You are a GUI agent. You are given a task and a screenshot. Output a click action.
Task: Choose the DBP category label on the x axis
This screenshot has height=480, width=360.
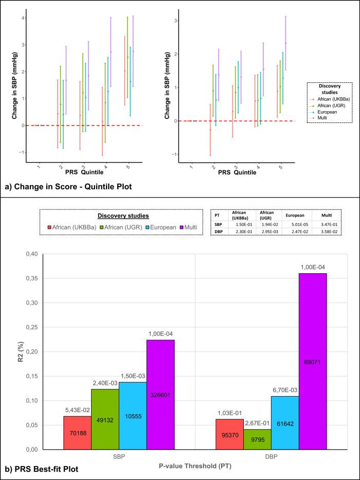click(x=267, y=455)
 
